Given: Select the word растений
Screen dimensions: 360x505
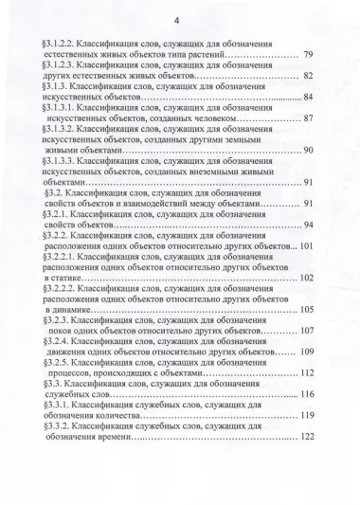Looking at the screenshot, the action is [216, 57].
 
